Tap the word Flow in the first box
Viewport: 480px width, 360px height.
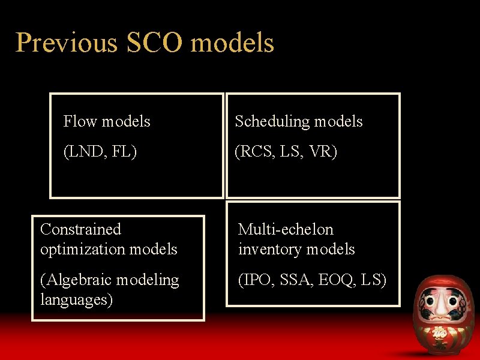81,122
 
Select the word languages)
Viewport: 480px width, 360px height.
76,299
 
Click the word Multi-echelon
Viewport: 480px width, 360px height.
286,229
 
